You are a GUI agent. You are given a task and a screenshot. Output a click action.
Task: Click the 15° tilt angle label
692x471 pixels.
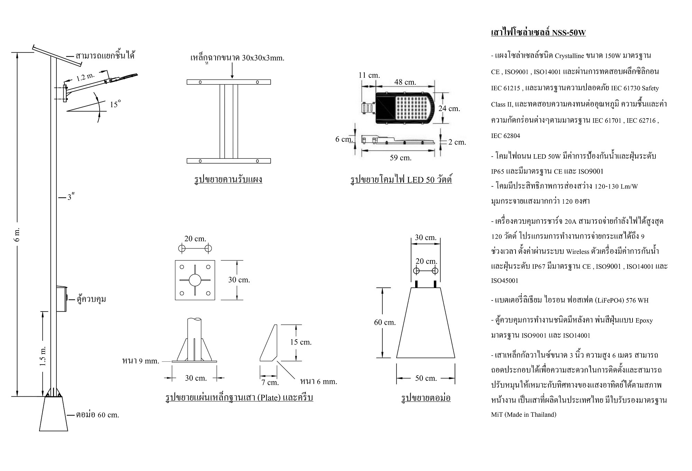pyautogui.click(x=116, y=104)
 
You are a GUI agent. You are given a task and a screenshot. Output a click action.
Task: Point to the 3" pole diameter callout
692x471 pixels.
pyautogui.click(x=71, y=197)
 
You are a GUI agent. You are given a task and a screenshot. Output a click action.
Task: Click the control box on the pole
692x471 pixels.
pyautogui.click(x=61, y=299)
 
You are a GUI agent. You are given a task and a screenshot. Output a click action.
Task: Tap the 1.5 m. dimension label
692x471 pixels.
pyautogui.click(x=43, y=355)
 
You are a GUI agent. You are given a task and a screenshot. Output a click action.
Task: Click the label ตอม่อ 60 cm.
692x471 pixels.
pyautogui.click(x=98, y=415)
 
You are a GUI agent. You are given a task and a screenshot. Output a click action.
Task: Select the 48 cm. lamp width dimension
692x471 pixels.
pyautogui.click(x=405, y=82)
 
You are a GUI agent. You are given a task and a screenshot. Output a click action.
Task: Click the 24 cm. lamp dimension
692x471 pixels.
pyautogui.click(x=449, y=109)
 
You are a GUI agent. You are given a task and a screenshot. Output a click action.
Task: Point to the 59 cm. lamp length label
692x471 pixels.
pyautogui.click(x=401, y=158)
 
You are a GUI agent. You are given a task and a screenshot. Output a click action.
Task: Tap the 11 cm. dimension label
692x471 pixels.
pyautogui.click(x=369, y=75)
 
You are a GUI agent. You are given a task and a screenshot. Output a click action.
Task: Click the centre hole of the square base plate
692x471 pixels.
pyautogui.click(x=195, y=280)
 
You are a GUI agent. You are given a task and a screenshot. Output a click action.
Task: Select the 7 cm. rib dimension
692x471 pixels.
pyautogui.click(x=270, y=382)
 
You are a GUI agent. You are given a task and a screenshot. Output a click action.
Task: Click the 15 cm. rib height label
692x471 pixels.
pyautogui.click(x=301, y=342)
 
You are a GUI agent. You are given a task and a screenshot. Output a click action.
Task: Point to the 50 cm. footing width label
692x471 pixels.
pyautogui.click(x=426, y=378)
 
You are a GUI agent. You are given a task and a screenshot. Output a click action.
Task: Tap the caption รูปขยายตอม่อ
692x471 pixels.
pyautogui.click(x=426, y=398)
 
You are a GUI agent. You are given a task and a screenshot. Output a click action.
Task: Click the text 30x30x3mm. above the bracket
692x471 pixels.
pyautogui.click(x=263, y=58)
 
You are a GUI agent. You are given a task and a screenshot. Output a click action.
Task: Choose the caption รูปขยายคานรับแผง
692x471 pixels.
pyautogui.click(x=228, y=179)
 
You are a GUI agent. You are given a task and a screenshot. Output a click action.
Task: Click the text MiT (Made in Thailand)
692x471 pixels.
pyautogui.click(x=523, y=415)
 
